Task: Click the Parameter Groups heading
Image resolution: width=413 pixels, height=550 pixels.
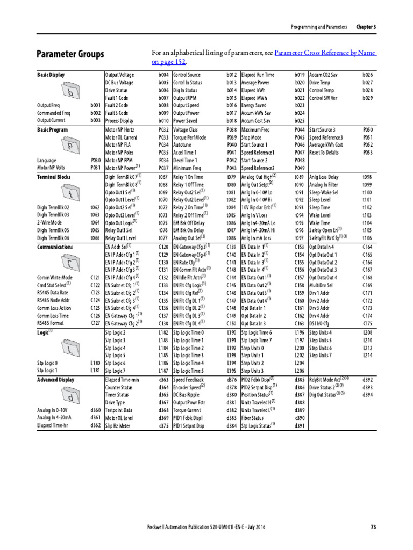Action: pyautogui.click(x=70, y=54)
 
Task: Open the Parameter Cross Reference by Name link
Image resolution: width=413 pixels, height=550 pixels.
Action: pyautogui.click(x=325, y=53)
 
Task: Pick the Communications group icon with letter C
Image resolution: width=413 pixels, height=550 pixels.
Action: pyautogui.click(x=70, y=263)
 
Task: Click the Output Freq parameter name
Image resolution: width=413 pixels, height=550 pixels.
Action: pyautogui.click(x=48, y=106)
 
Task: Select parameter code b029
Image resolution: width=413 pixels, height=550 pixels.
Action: pyautogui.click(x=368, y=98)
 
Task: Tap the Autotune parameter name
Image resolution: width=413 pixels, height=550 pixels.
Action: pyautogui.click(x=182, y=145)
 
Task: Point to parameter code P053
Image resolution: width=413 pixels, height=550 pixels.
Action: pyautogui.click(x=368, y=153)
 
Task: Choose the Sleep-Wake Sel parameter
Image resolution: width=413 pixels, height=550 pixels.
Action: pyautogui.click(x=324, y=192)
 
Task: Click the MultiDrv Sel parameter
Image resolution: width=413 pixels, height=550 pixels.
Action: pyautogui.click(x=322, y=285)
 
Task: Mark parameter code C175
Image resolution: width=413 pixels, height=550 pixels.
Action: pyautogui.click(x=368, y=324)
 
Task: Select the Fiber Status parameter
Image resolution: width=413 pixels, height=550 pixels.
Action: pyautogui.click(x=253, y=418)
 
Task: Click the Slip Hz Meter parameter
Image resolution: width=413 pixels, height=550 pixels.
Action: pyautogui.click(x=118, y=426)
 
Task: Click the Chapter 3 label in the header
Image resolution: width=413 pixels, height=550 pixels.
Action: pyautogui.click(x=366, y=27)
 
